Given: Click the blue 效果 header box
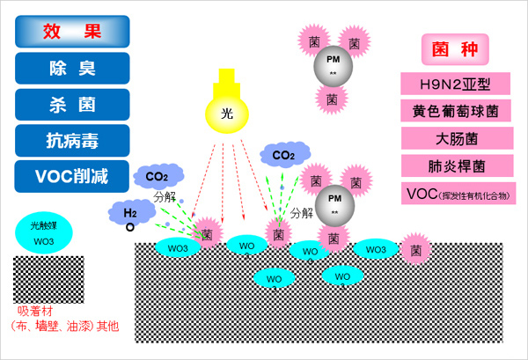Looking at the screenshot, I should [72, 32].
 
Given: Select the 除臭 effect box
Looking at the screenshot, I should [72, 68].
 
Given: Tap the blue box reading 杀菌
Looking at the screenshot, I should [72, 104].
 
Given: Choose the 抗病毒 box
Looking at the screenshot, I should [72, 140].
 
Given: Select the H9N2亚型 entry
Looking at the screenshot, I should [456, 84].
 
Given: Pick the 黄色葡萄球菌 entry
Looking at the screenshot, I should [456, 112].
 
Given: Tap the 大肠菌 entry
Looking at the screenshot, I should [456, 139].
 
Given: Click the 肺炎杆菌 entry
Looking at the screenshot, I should [456, 166].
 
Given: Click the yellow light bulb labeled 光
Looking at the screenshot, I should [227, 114].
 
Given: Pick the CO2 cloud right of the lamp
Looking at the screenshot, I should [283, 157].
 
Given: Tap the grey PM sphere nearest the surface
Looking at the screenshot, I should [334, 202].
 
